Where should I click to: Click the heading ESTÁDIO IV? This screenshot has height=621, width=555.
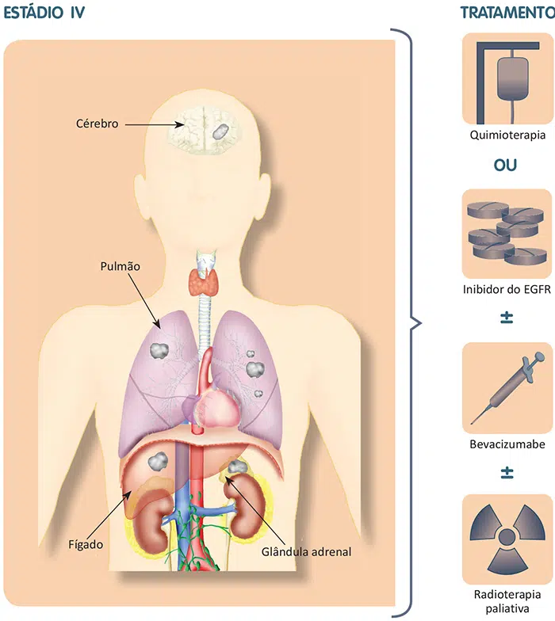[x=44, y=13]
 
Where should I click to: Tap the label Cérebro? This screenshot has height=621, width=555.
[x=97, y=124]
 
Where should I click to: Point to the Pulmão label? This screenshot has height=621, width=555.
[x=121, y=267]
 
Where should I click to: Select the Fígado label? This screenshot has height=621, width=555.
[x=86, y=544]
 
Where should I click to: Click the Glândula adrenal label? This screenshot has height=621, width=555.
[x=305, y=551]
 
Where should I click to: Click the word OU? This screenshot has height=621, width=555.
[x=507, y=167]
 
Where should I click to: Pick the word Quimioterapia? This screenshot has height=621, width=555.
[x=507, y=135]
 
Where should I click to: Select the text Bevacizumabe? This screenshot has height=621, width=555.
[x=507, y=444]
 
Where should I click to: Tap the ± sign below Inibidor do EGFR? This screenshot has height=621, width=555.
[x=507, y=318]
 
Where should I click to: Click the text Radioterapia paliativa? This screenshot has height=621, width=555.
[x=507, y=600]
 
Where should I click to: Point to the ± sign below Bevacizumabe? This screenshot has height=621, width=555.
[x=507, y=473]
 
